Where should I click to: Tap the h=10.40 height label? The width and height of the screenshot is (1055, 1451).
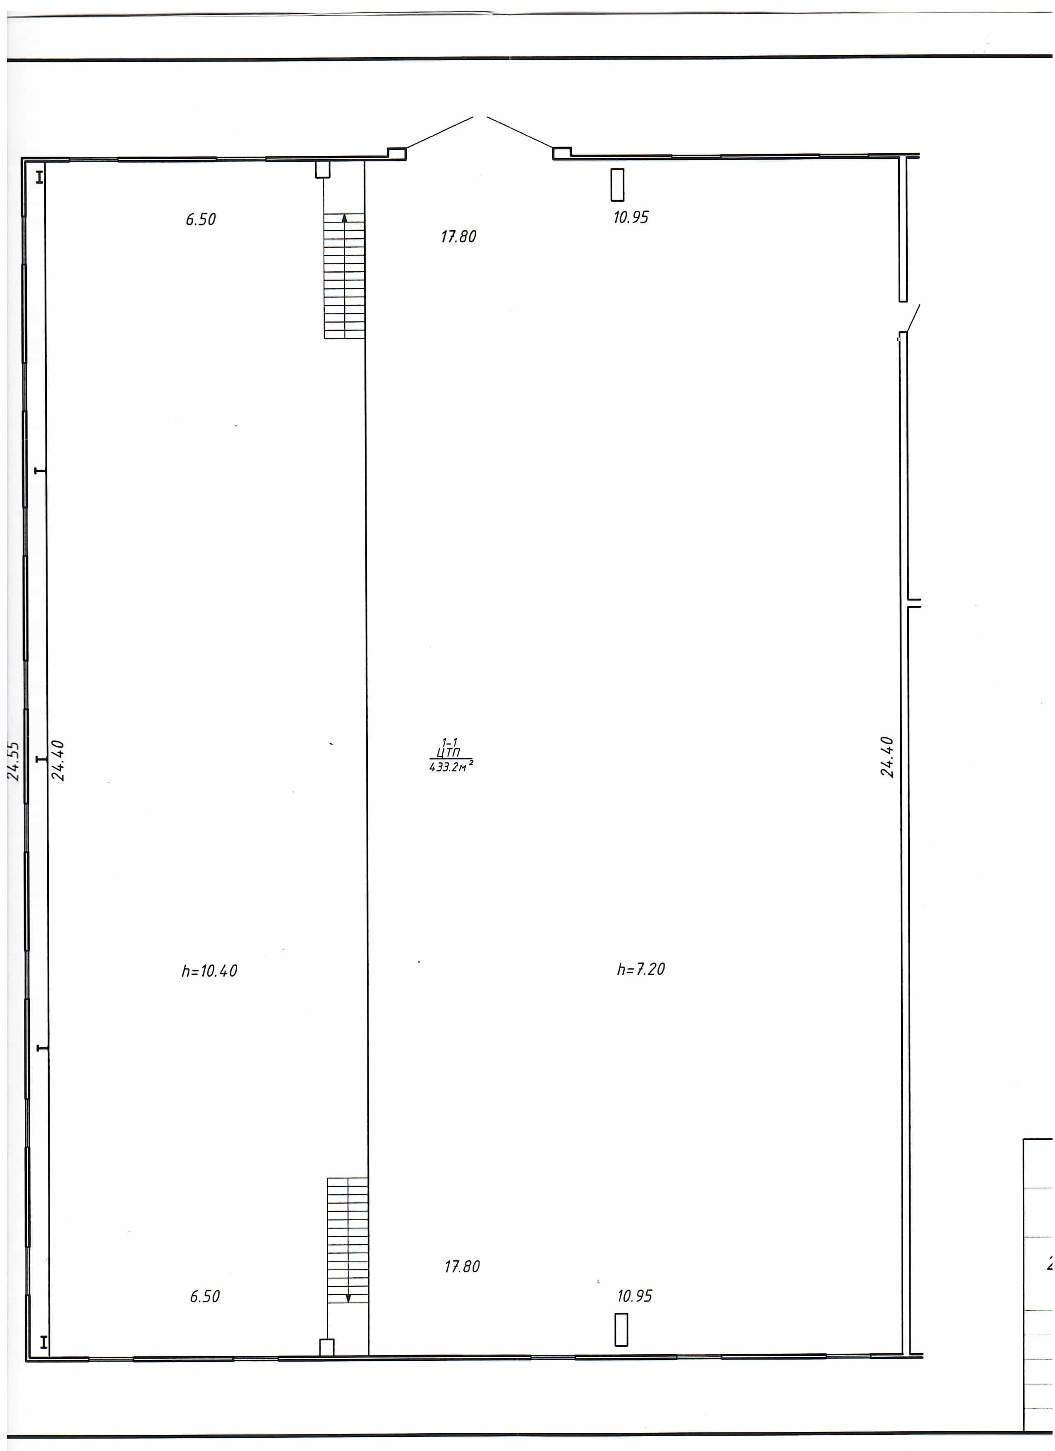pos(209,971)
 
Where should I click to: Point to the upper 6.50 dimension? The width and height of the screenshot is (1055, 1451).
pos(201,220)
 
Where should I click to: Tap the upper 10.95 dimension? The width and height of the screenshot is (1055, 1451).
pos(631,218)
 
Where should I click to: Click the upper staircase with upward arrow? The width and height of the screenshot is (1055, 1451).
pos(344,276)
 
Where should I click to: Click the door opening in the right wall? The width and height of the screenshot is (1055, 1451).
pos(905,317)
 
